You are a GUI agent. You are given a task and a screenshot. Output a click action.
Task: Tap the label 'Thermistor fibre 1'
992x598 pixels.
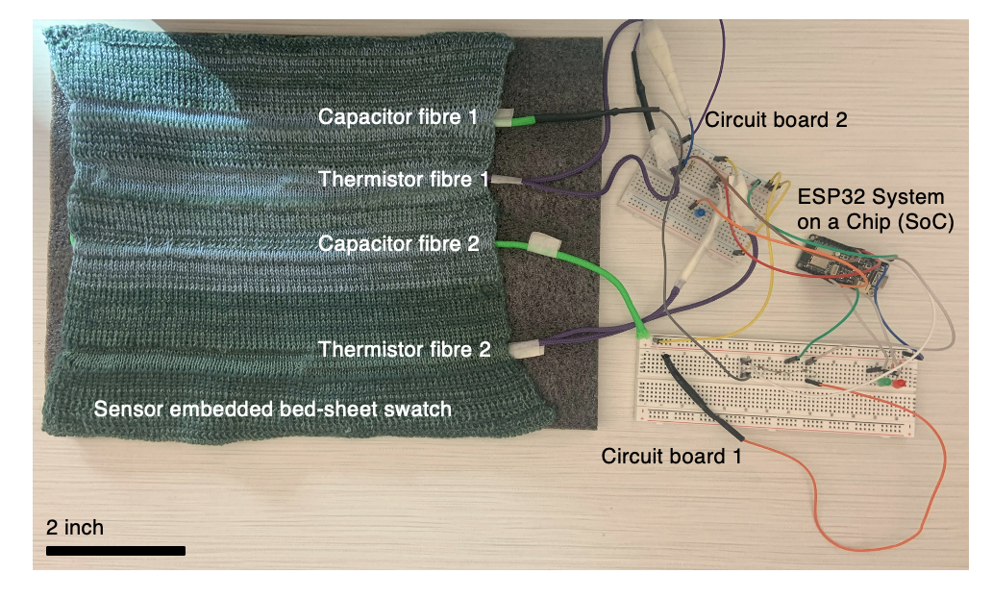[405, 180]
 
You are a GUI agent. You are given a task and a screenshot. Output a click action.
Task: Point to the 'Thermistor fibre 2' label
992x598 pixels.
[405, 350]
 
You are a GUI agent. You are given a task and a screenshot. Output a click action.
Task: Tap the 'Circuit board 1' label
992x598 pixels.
[671, 456]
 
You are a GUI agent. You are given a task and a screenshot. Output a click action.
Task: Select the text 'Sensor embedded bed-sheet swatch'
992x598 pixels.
[272, 410]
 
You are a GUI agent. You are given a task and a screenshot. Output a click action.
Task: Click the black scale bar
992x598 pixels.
[115, 551]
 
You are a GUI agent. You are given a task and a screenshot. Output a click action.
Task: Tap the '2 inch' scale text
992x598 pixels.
[75, 528]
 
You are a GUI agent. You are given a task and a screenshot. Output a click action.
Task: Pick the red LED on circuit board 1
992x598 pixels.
[900, 385]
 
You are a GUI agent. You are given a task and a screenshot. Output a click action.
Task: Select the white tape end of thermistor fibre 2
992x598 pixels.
[525, 351]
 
